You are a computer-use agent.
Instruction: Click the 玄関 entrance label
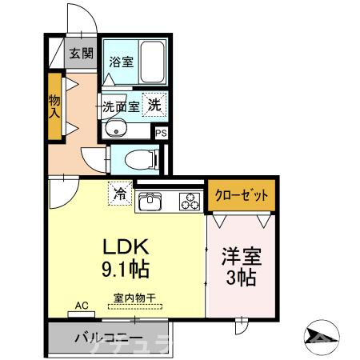pos(79,54)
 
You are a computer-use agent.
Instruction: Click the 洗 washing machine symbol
pos(157,102)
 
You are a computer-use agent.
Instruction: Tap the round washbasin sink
pos(117,128)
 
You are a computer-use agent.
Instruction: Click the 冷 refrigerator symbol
pos(120,193)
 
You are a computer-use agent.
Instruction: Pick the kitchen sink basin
pos(150,203)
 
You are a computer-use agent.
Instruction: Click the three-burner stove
pos(190,202)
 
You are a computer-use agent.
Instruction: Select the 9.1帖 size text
pos(122,267)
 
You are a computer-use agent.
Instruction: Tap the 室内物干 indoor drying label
pos(133,298)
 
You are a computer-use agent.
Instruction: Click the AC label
pos(82,305)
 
